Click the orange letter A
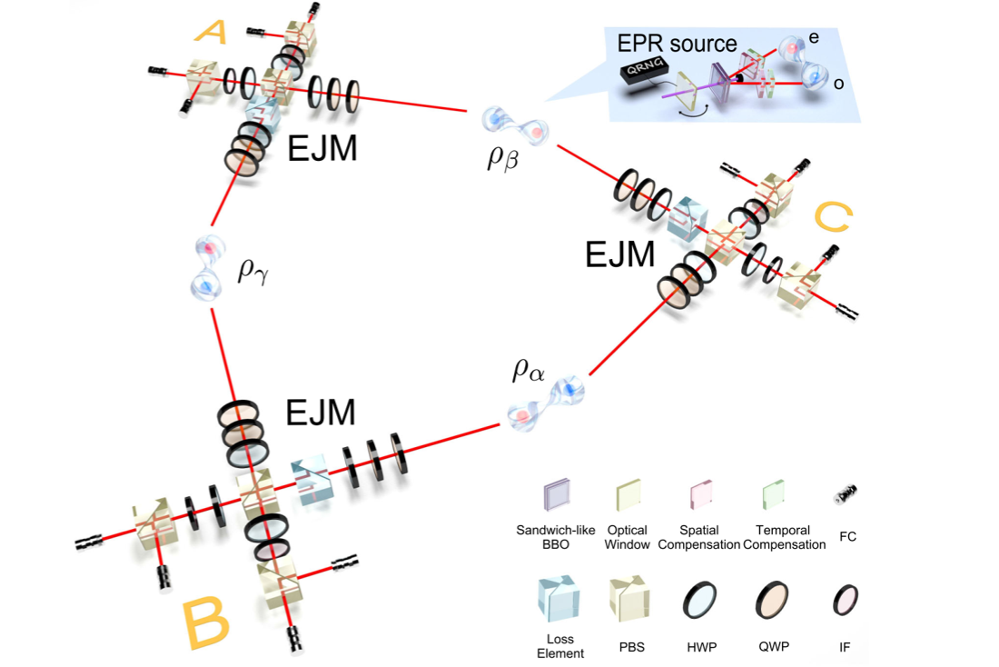(212, 32)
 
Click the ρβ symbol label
(503, 157)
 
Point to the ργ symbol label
(253, 271)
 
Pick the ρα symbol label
(529, 369)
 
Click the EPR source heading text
(677, 44)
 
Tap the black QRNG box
(644, 70)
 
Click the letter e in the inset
(814, 37)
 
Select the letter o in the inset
(838, 84)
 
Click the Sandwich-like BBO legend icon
(556, 496)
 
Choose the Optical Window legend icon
(628, 495)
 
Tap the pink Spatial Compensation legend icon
(701, 495)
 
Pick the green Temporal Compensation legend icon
(774, 495)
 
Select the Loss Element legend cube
(559, 600)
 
